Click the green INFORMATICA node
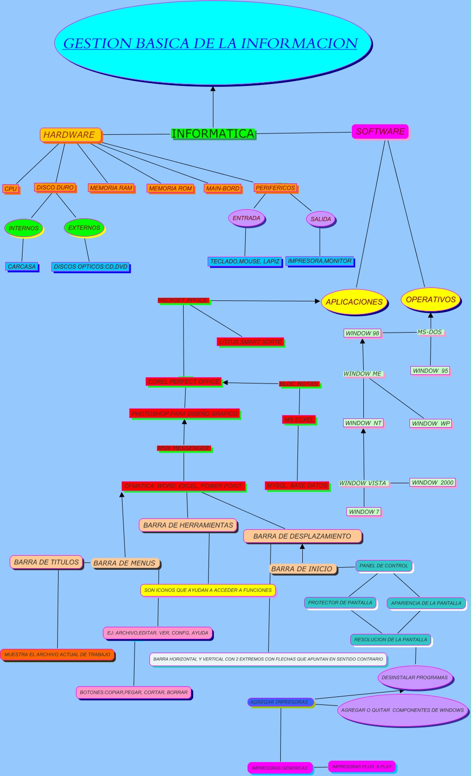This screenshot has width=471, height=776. tap(213, 133)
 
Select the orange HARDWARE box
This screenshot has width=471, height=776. tap(70, 135)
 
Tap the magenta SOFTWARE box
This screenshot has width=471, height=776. tap(380, 131)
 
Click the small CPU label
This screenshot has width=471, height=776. tap(11, 189)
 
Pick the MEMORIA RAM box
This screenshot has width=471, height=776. tap(111, 188)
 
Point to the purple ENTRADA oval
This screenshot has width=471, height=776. tap(247, 218)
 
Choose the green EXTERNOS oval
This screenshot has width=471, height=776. tap(84, 228)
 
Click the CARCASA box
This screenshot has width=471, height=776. tap(22, 266)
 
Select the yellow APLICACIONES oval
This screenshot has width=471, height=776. tap(354, 302)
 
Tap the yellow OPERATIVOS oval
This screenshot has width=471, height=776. tap(431, 299)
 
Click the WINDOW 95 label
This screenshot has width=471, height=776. tap(431, 370)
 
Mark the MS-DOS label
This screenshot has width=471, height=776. tap(430, 332)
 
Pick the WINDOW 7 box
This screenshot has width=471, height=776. tap(364, 512)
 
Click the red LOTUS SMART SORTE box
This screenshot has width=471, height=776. tap(250, 342)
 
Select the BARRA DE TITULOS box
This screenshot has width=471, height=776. tap(46, 562)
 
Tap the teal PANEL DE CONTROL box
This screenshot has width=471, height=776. tap(384, 566)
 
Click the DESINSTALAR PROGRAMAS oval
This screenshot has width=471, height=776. tap(414, 678)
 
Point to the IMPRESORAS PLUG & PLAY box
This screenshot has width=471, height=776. tap(362, 766)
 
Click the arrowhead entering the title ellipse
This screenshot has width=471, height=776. tap(213, 89)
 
